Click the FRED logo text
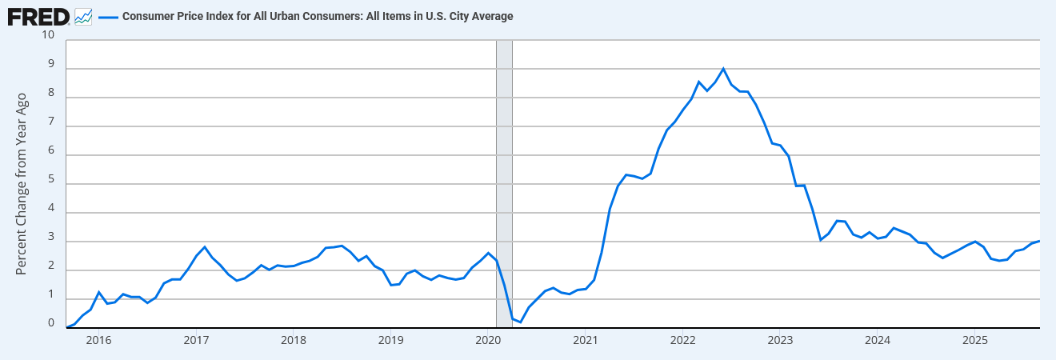(x=38, y=16)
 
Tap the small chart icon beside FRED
(x=83, y=16)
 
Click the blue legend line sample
(x=107, y=16)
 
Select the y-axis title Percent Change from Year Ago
(x=22, y=183)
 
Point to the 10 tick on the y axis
(x=47, y=35)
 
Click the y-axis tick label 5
(x=51, y=180)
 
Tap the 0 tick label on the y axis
(x=51, y=324)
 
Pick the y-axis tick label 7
(x=51, y=122)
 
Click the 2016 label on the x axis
(x=98, y=340)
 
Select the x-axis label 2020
(x=488, y=340)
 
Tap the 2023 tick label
(x=780, y=340)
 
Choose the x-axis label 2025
(x=974, y=340)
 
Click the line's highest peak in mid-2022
(x=723, y=69)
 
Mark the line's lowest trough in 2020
(x=520, y=322)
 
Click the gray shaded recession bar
(x=504, y=184)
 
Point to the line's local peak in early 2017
(x=205, y=247)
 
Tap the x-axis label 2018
(x=293, y=340)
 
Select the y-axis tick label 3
(x=51, y=238)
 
